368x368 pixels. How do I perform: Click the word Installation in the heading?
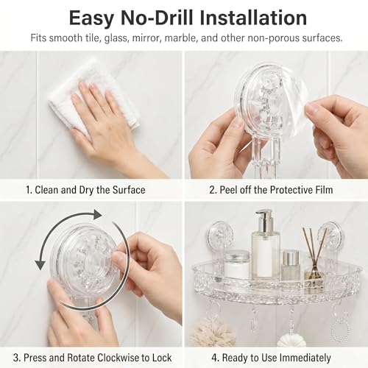[253, 18]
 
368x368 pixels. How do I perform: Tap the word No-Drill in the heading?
[157, 18]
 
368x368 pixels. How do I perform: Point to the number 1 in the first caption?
[29, 190]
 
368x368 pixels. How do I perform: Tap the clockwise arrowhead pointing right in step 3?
[97, 215]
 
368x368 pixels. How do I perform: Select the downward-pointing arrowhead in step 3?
[40, 265]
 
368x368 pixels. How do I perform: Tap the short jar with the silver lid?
[237, 263]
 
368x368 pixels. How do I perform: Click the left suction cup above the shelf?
[220, 234]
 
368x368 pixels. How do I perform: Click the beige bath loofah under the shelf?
[211, 333]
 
